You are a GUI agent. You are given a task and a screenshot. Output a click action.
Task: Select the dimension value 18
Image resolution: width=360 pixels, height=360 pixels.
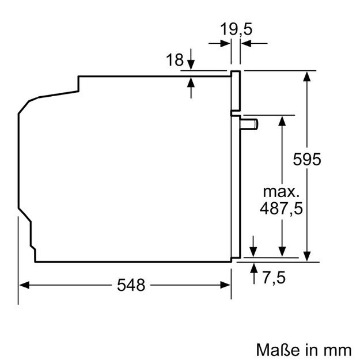175,59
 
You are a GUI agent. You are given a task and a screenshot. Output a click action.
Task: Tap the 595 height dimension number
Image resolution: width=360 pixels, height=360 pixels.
325,160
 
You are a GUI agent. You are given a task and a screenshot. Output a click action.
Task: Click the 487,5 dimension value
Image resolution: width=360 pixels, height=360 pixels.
281,208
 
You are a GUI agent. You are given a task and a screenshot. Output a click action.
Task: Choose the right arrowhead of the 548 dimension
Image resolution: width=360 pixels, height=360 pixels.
227,285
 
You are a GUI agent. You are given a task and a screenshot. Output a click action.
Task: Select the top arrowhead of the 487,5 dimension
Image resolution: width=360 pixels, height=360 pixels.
282,120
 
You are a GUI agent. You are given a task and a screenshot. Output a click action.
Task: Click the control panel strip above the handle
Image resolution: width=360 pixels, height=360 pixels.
235,90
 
